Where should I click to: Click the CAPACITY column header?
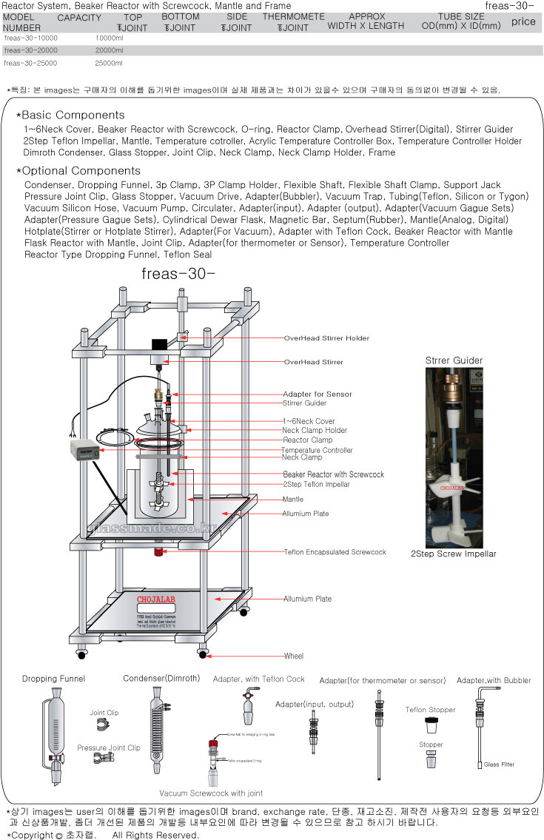(x=79, y=18)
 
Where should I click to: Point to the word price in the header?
(x=523, y=21)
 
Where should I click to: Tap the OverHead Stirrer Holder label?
(x=326, y=338)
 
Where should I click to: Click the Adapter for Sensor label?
(x=318, y=394)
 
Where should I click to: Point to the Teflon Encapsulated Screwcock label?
(x=335, y=552)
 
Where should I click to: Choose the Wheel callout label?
(x=293, y=656)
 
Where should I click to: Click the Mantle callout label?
(x=293, y=500)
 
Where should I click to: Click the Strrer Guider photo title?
(x=454, y=360)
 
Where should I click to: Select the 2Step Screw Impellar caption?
(x=454, y=554)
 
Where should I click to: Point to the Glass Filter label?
(x=499, y=765)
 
